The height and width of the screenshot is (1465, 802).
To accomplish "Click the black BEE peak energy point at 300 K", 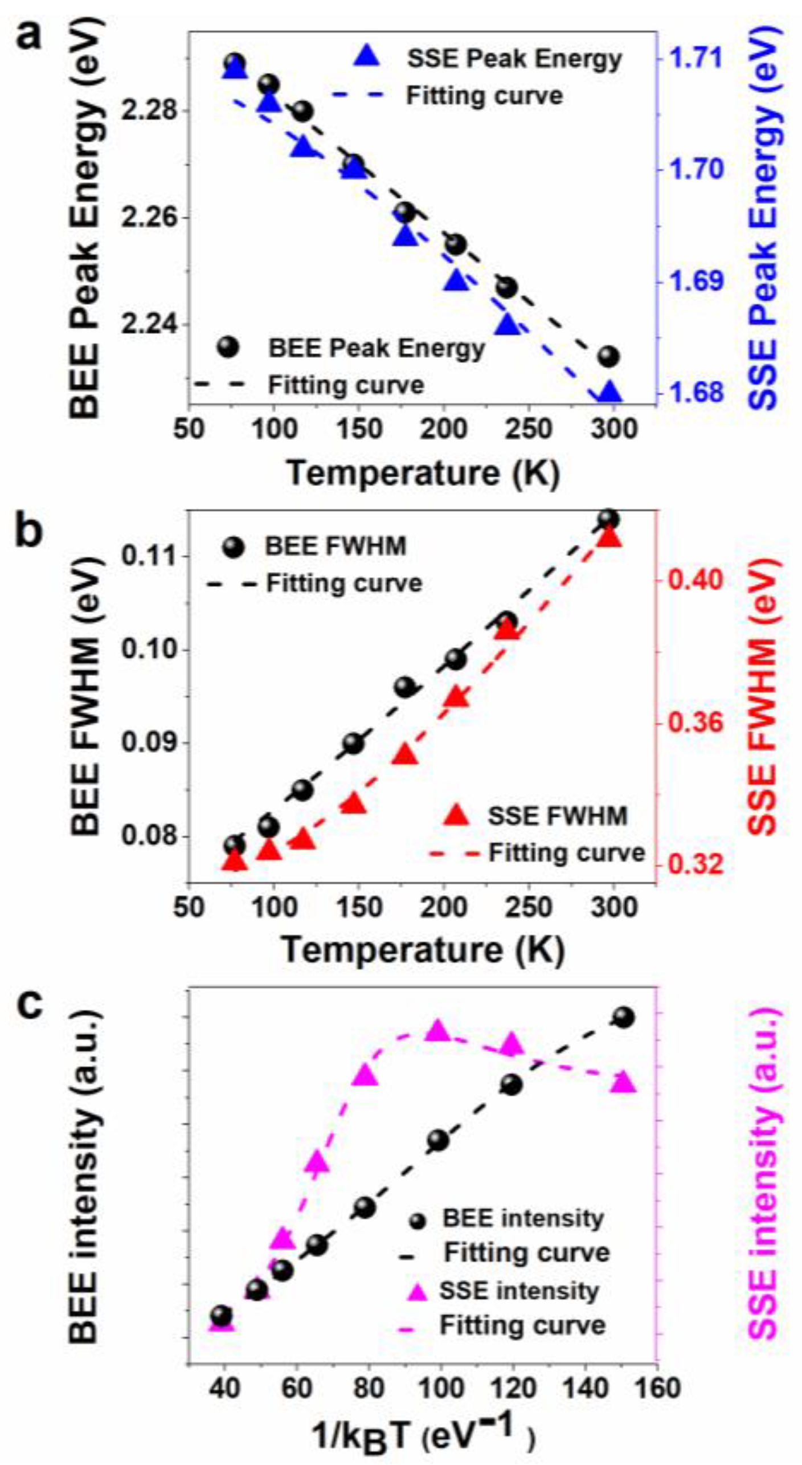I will coord(609,357).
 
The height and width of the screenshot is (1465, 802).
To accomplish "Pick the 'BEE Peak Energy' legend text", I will coord(377,348).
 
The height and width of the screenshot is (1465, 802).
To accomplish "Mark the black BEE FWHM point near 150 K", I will coord(354,744).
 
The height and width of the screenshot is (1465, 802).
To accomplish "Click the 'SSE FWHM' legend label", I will coord(557,816).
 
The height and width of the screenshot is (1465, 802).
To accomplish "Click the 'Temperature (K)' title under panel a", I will coord(423,473).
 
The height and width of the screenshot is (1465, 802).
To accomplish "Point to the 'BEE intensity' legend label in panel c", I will coord(523,1218).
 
